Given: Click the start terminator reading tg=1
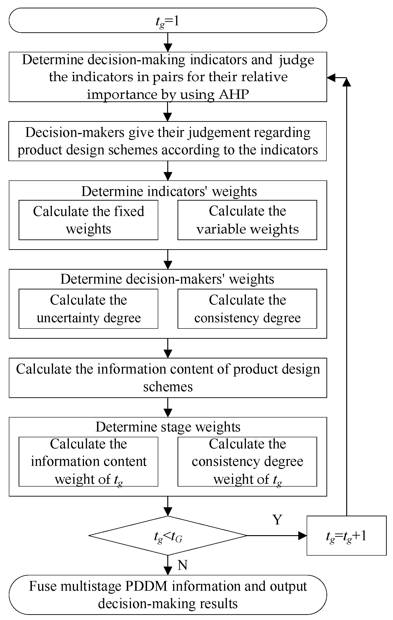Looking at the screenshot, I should point(168,20).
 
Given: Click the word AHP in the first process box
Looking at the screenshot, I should point(234,94).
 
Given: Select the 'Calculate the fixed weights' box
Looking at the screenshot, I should point(88,220).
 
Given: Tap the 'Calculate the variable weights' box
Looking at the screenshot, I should point(247,220).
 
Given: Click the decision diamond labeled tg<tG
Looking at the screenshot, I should point(168,536).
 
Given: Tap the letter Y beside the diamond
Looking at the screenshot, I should point(277,520).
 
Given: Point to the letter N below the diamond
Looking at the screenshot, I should point(182,565).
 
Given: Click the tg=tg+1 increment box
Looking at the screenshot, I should point(346,536).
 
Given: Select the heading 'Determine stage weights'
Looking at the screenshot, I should point(168,427).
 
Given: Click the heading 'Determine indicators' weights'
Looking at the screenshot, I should point(169,191).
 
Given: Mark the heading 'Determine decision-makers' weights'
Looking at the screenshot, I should point(167,279).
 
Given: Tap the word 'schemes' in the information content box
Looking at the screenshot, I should point(168,387).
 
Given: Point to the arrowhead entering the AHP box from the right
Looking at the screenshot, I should point(331,77).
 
